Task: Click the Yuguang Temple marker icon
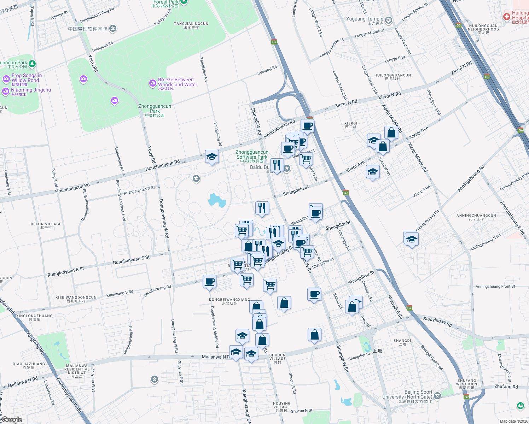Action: coord(389,20)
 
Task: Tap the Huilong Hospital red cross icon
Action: coord(507,17)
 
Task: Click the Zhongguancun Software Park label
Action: coord(252,155)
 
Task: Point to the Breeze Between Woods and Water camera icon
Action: coord(153,83)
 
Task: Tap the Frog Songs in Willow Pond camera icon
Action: coord(6,79)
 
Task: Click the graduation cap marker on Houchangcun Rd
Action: coord(212,157)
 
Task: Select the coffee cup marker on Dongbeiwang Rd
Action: coord(210,282)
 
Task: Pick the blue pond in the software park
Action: coord(217,200)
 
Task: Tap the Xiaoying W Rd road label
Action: coord(437,322)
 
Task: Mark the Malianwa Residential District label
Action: coord(77,369)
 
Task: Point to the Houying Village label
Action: coord(281,405)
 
